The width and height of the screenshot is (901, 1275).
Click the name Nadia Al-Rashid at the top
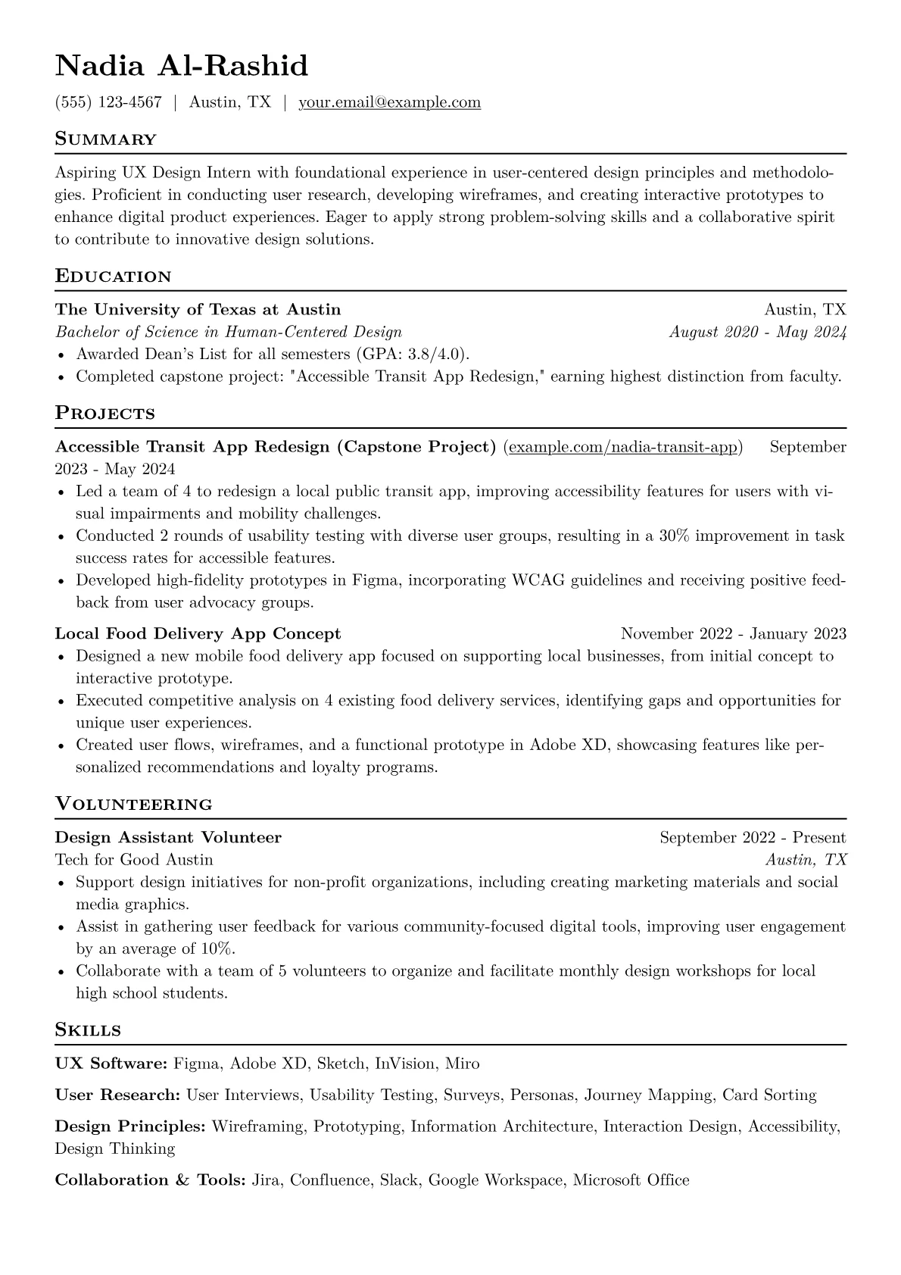182,66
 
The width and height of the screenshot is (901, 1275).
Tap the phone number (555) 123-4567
108,102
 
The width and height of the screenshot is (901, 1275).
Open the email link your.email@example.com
389,102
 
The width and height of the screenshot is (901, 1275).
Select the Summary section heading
106,139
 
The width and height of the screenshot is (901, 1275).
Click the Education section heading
114,277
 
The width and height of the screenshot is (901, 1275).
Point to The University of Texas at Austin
198,310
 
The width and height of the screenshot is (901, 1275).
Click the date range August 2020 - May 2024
757,332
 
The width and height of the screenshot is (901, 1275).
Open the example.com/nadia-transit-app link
622,447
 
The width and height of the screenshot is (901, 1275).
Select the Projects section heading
105,414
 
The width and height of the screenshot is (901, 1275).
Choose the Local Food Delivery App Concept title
198,634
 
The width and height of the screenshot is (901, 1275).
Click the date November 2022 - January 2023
733,634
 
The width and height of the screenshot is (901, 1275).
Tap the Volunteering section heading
134,805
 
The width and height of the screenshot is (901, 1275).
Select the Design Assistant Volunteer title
168,838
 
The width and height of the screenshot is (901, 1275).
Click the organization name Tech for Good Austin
134,860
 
